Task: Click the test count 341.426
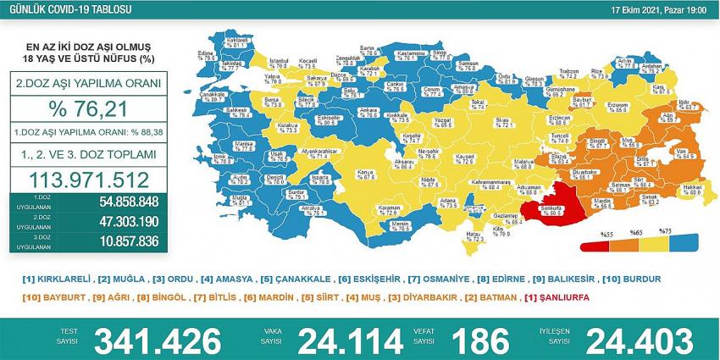coord(158,341)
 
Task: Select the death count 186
coord(480,341)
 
